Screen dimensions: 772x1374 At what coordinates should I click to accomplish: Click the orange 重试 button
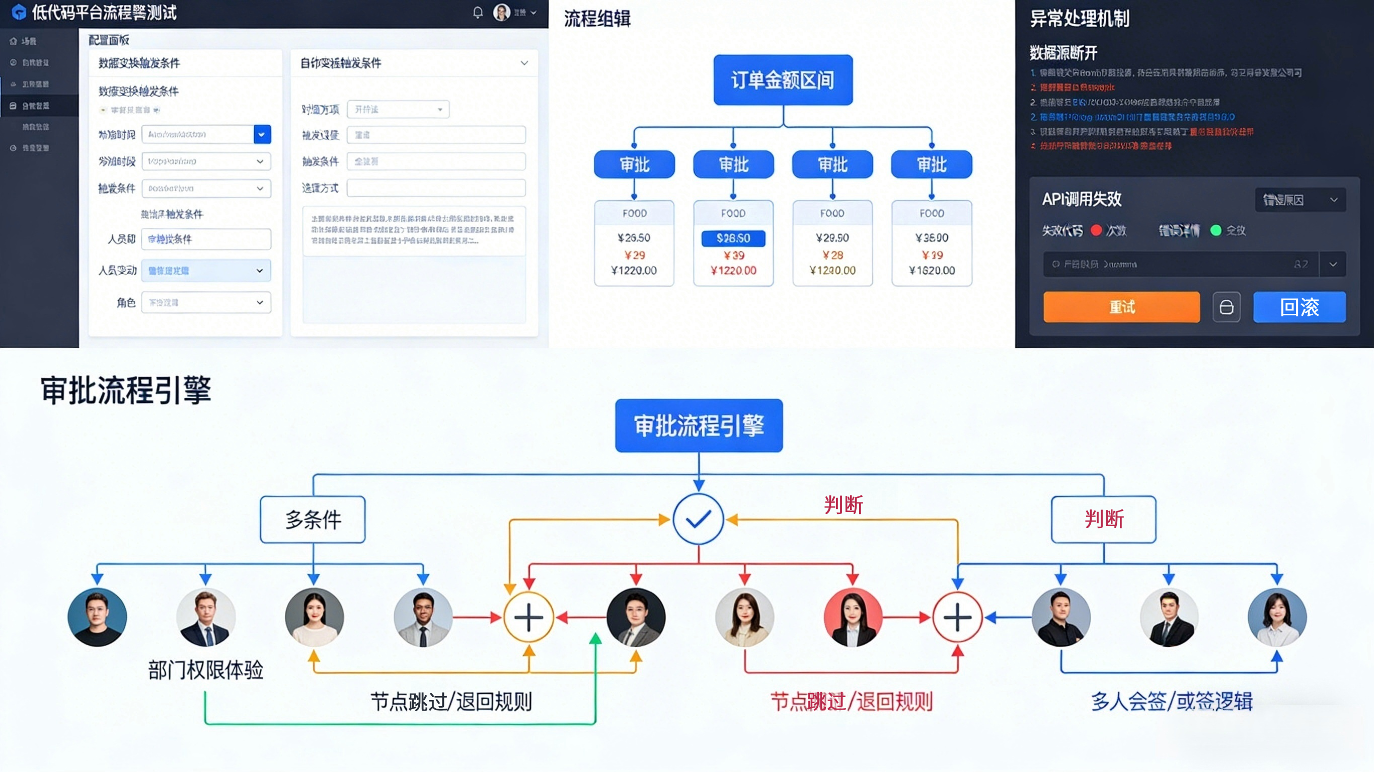1121,307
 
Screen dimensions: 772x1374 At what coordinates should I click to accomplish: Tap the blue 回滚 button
1300,307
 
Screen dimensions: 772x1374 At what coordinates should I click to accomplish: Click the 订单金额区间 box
783,80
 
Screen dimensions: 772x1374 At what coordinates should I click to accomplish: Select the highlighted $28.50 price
733,238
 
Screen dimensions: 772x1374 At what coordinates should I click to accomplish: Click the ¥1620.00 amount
932,270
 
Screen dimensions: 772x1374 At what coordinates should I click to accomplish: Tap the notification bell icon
478,12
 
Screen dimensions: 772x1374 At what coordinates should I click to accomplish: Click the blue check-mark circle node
698,519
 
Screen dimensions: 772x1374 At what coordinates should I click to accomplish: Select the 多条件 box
313,520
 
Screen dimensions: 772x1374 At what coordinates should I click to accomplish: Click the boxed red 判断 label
1104,520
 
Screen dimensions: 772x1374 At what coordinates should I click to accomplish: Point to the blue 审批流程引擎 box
699,425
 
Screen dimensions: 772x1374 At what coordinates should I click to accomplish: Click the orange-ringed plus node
528,618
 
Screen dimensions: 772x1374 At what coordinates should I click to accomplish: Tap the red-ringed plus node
957,618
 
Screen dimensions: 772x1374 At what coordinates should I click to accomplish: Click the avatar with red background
853,618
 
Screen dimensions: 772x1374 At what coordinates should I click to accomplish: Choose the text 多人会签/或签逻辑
1171,701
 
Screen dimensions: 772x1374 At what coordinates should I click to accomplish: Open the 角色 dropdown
206,302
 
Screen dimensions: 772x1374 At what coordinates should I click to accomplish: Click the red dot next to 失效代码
1096,230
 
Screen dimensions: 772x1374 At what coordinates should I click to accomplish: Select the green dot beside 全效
1216,230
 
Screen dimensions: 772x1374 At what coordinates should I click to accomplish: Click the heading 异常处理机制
1080,19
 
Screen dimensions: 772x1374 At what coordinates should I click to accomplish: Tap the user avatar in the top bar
501,12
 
